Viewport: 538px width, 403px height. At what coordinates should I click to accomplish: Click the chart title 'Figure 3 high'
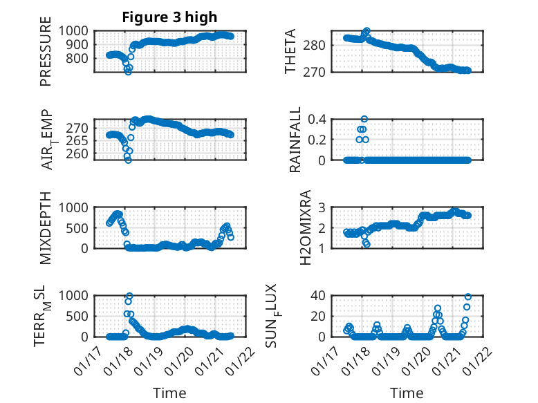pyautogui.click(x=169, y=17)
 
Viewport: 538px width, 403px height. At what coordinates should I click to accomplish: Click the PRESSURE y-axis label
pyautogui.click(x=46, y=56)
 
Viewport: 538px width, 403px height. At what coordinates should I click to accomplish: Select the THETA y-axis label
pyautogui.click(x=291, y=51)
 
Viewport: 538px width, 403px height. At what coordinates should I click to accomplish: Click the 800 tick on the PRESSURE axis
pyautogui.click(x=77, y=58)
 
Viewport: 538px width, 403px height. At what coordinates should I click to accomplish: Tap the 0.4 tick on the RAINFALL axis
pyautogui.click(x=317, y=119)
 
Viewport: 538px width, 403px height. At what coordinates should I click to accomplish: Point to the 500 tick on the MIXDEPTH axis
pyautogui.click(x=77, y=228)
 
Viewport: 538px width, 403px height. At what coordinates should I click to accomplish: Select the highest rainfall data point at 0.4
pyautogui.click(x=364, y=119)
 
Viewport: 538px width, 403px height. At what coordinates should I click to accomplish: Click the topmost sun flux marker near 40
pyautogui.click(x=467, y=297)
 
